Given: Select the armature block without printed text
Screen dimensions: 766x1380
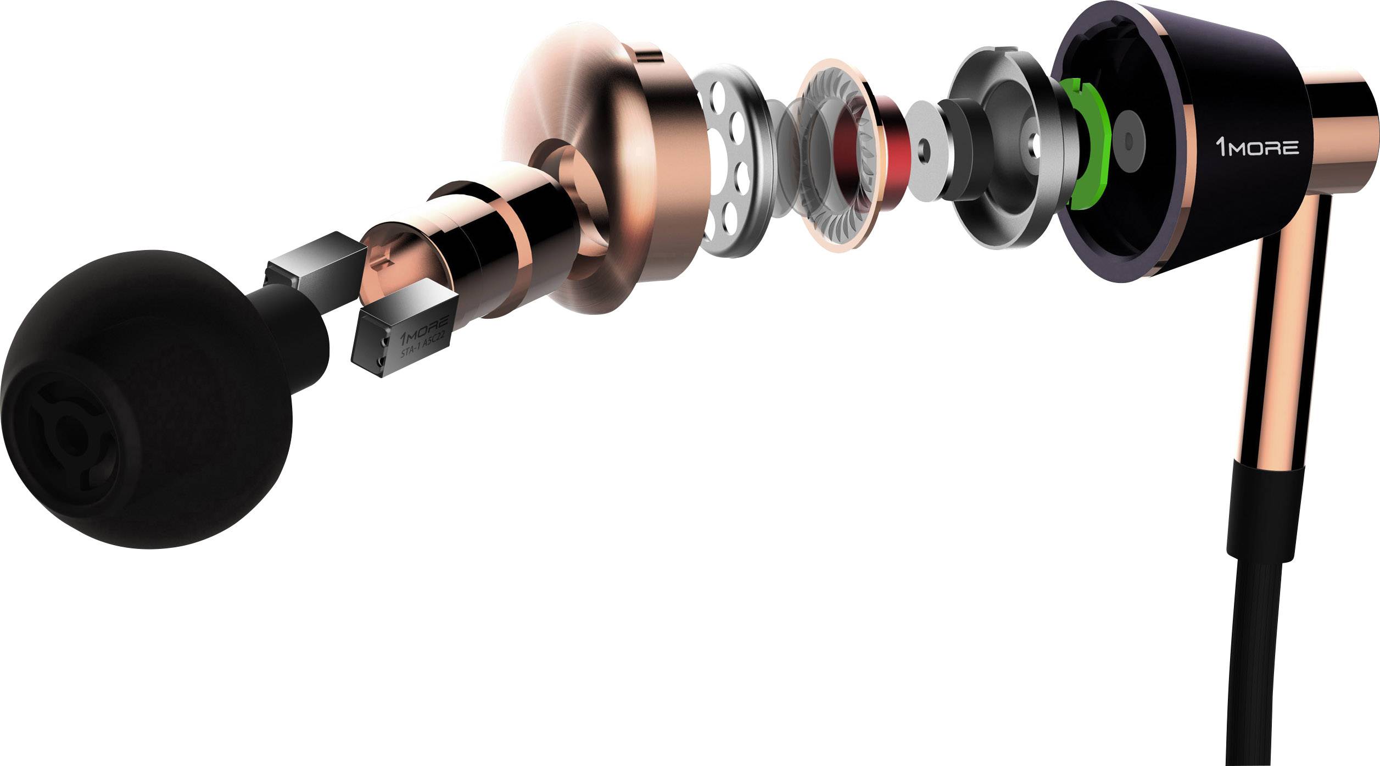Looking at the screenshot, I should [316, 263].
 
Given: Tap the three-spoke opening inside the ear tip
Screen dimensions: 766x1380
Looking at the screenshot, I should [66, 434].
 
